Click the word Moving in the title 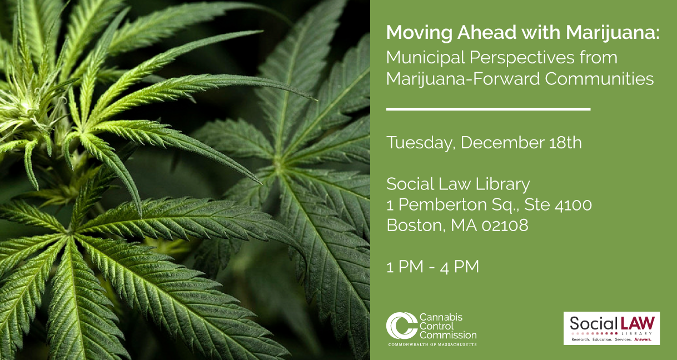point(419,33)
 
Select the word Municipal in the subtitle point(426,58)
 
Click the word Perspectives point(522,58)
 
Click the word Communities point(599,78)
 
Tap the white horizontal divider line point(489,109)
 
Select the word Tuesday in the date point(421,143)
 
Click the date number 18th point(565,143)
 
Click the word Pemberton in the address point(442,204)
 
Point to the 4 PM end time point(459,267)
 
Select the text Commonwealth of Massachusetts point(432,344)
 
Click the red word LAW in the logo point(638,323)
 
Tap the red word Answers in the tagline point(643,339)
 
